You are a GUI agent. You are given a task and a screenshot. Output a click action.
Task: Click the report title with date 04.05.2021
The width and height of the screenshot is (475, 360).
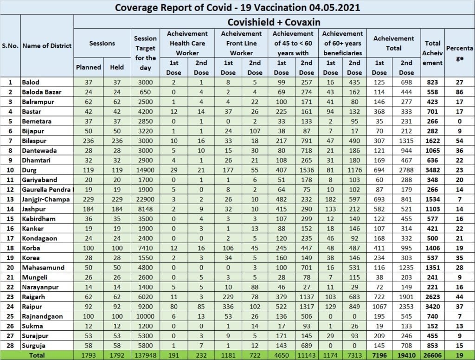point(237,7)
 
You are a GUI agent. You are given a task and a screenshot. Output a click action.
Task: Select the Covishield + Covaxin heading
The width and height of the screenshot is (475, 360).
point(274,22)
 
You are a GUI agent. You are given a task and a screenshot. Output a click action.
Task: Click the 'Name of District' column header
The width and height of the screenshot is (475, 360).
point(47,45)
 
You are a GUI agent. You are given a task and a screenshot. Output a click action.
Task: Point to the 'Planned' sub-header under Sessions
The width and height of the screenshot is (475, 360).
point(88,67)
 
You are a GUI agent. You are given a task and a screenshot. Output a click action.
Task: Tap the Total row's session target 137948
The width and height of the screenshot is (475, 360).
point(145,355)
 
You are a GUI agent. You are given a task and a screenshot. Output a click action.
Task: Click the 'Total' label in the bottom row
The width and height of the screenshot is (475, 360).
point(37,355)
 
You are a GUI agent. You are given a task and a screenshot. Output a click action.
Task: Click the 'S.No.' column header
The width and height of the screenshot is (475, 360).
point(10,45)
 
